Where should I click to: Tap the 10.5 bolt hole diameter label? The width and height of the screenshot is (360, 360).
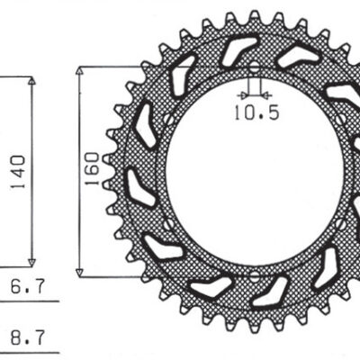pyautogui.click(x=254, y=113)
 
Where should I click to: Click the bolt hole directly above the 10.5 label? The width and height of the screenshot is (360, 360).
pyautogui.click(x=254, y=68)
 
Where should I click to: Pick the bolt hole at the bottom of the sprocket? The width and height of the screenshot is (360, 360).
pyautogui.click(x=254, y=273)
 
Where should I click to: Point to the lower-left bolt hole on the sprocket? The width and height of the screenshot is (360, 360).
pyautogui.click(x=167, y=222)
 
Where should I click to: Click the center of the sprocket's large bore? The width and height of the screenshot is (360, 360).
pyautogui.click(x=254, y=171)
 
